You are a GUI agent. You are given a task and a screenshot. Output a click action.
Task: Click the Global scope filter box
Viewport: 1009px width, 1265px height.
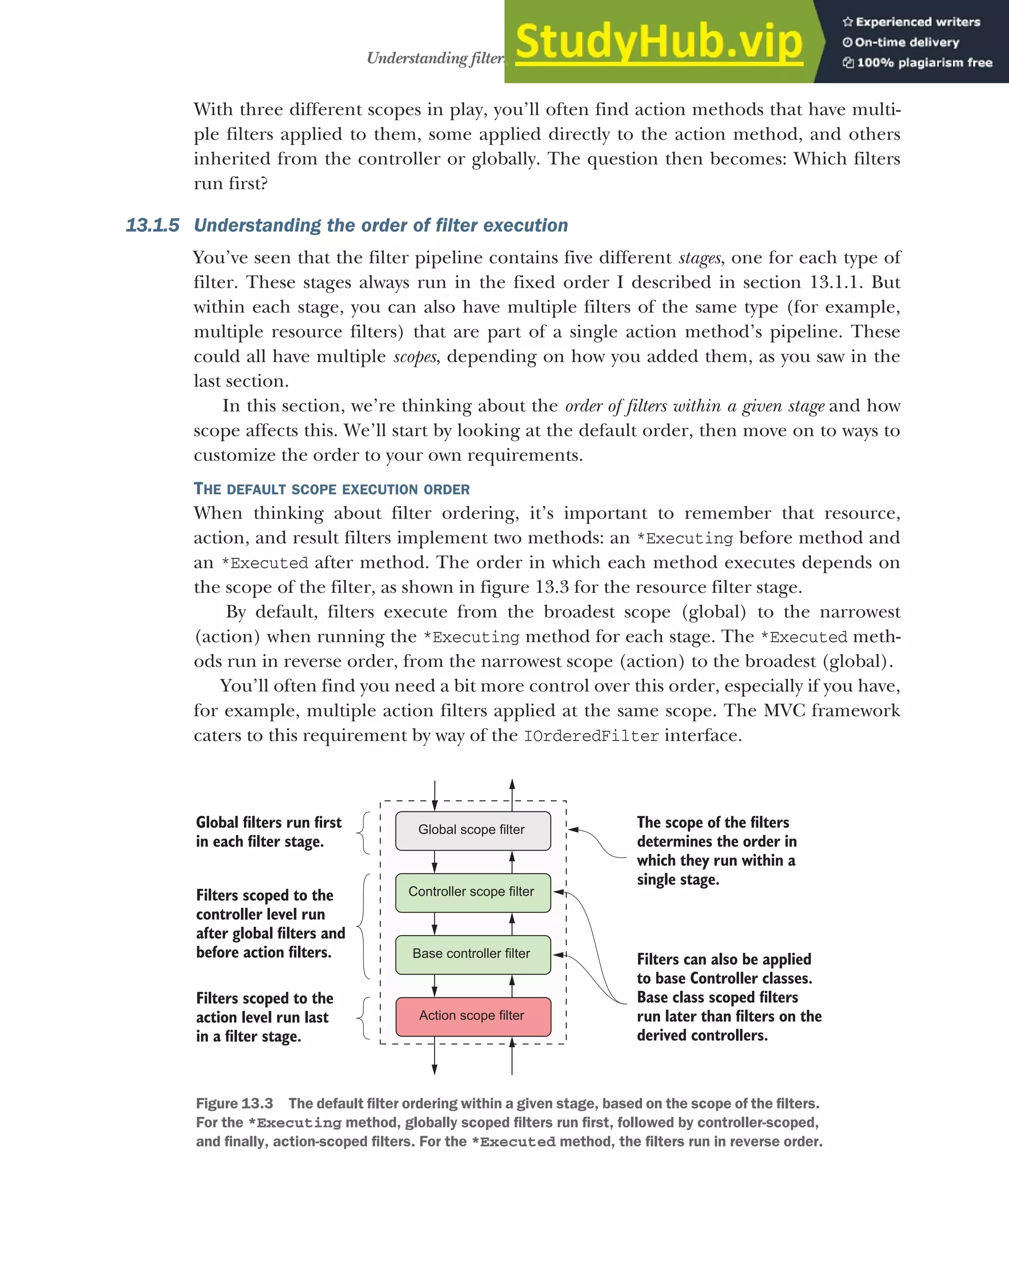(472, 830)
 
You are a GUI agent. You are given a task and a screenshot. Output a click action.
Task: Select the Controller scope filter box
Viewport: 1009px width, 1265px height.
(472, 892)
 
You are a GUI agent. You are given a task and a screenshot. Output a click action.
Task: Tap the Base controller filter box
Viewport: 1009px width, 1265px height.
(472, 954)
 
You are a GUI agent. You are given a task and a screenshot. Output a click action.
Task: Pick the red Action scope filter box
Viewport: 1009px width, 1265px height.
(472, 1016)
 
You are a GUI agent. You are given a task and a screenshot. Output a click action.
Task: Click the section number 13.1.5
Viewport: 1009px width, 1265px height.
(153, 226)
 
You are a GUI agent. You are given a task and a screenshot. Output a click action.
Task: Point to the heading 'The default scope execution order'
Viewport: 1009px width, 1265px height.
(332, 489)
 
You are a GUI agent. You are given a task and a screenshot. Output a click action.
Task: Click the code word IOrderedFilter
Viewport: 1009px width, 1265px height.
(591, 736)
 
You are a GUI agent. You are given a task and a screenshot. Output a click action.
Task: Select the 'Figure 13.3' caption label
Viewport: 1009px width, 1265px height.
(234, 1103)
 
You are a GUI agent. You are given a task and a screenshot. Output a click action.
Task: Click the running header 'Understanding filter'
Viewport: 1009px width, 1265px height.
(435, 58)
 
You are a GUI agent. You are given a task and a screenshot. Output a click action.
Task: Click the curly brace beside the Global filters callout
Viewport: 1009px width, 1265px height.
(365, 833)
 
